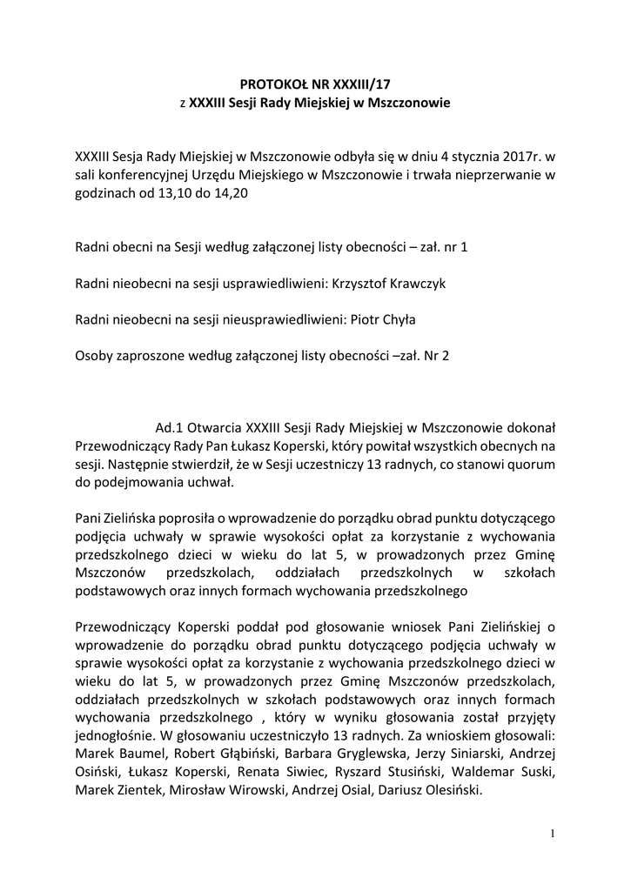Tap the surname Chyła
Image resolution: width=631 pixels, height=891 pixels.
click(397, 319)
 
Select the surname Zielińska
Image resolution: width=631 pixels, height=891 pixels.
click(136, 519)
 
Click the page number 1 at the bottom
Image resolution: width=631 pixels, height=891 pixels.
click(552, 834)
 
